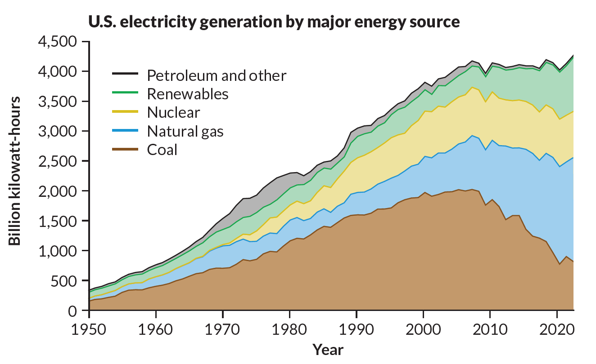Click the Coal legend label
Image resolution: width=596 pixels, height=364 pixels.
162,150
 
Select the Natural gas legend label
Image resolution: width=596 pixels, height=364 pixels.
185,131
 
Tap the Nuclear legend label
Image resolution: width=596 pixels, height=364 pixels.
173,112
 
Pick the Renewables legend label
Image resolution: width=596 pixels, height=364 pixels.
188,94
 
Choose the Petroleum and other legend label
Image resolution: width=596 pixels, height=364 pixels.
217,75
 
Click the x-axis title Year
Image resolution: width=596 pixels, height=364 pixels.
328,349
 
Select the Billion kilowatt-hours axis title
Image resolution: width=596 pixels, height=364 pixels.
15,170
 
